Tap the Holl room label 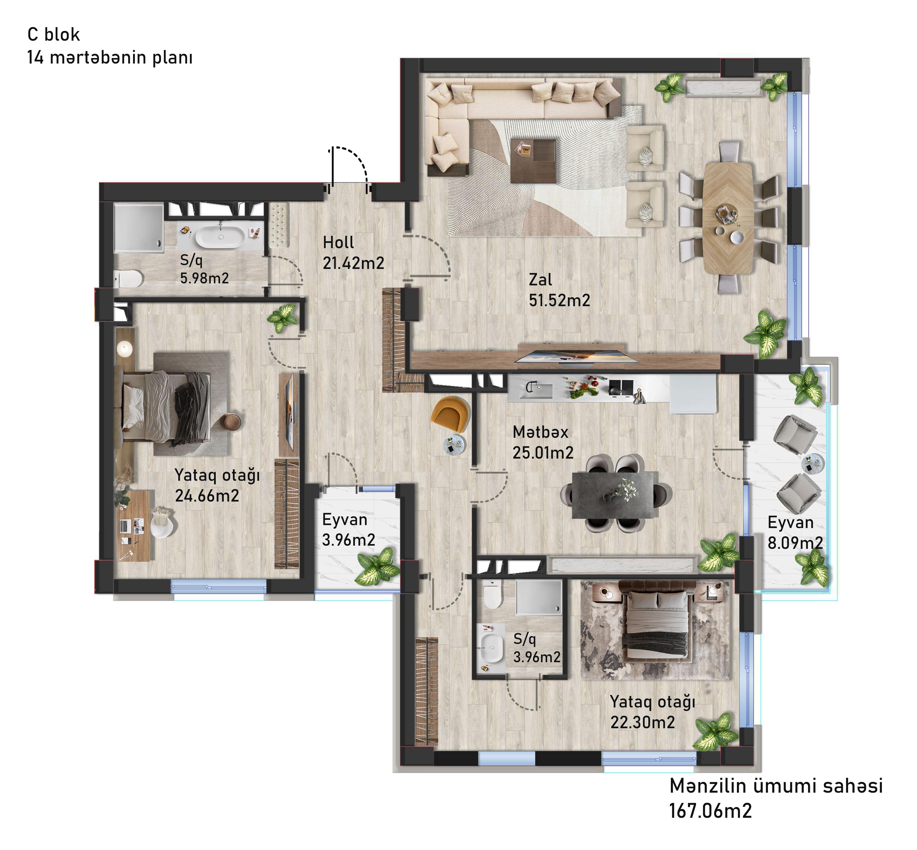pyautogui.click(x=338, y=242)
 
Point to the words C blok pyautogui.click(x=54, y=35)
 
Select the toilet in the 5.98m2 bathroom pyautogui.click(x=129, y=278)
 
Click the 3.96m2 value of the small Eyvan pyautogui.click(x=348, y=539)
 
